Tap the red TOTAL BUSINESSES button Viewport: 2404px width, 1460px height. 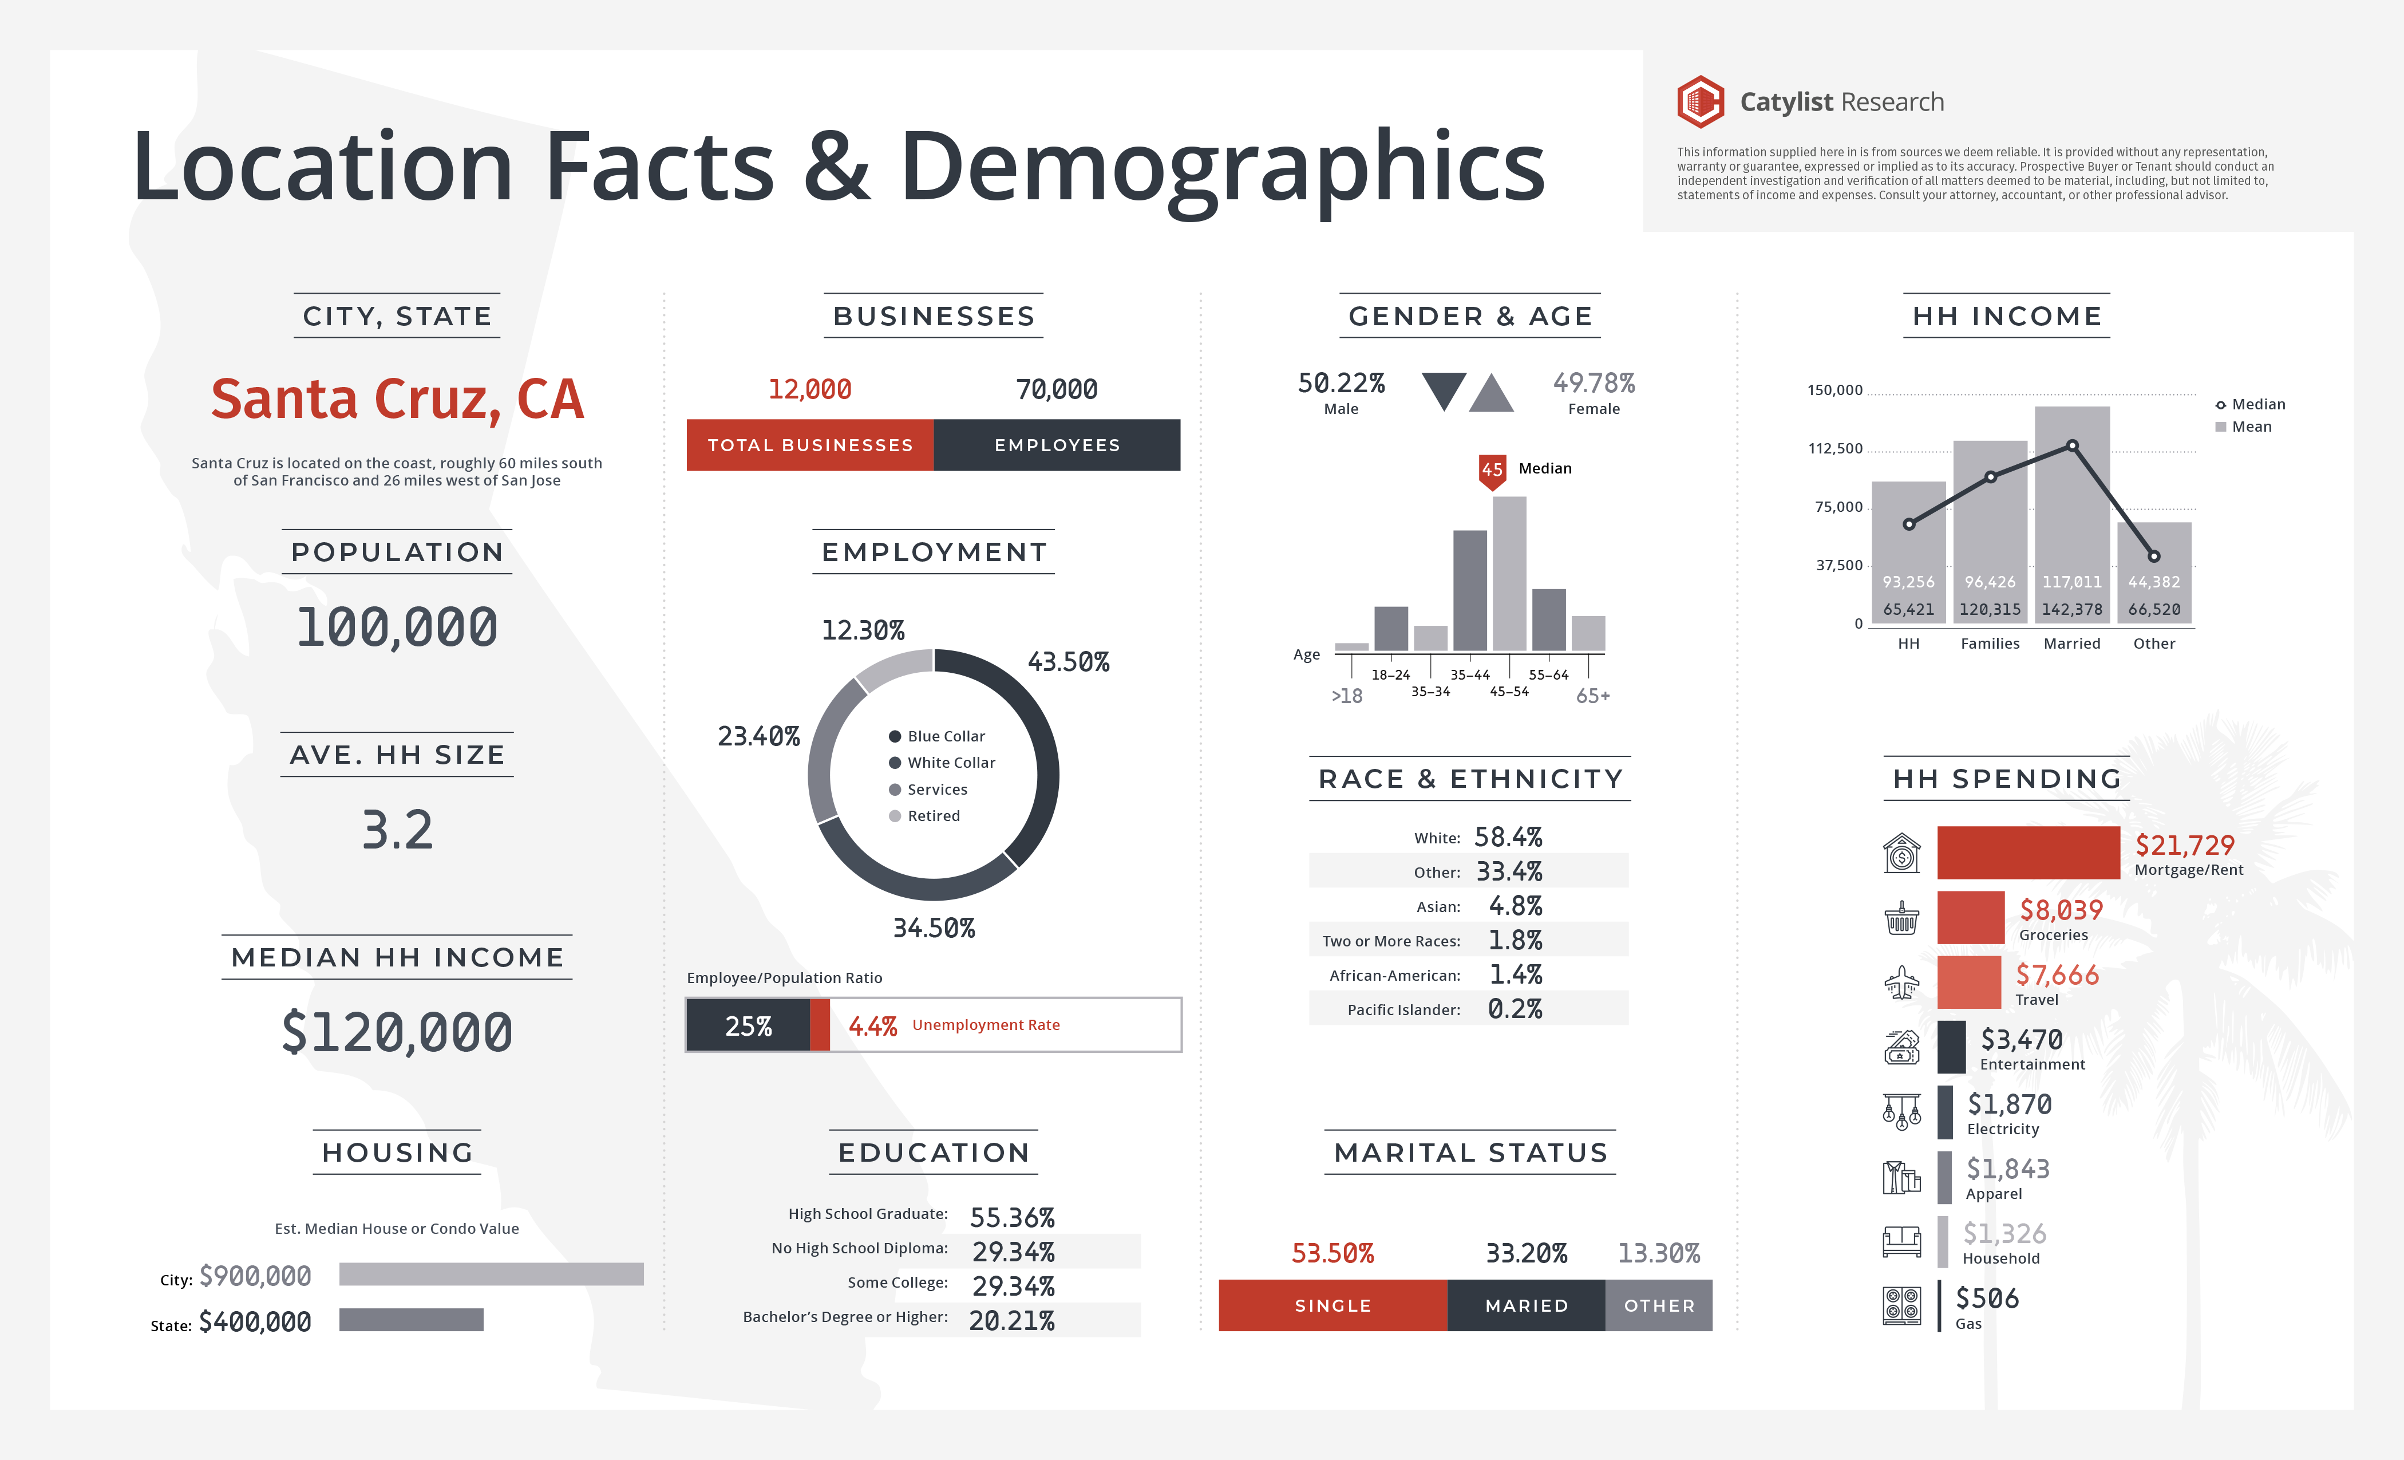(x=810, y=445)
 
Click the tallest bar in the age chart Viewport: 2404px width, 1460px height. (x=1509, y=574)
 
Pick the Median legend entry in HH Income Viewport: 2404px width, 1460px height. (x=2250, y=404)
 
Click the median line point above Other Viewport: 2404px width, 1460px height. (x=2154, y=557)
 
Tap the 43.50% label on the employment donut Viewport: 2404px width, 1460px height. (x=1068, y=662)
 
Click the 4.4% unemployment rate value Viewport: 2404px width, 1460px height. (x=872, y=1025)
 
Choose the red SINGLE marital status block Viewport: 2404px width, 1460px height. (x=1333, y=1306)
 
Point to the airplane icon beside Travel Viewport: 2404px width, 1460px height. (x=1901, y=982)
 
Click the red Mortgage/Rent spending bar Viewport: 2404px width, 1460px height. (x=2027, y=852)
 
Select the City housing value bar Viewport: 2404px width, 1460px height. (x=491, y=1273)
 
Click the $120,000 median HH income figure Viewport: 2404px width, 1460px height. (x=397, y=1032)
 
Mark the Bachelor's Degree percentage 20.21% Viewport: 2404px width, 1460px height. (x=1012, y=1320)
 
